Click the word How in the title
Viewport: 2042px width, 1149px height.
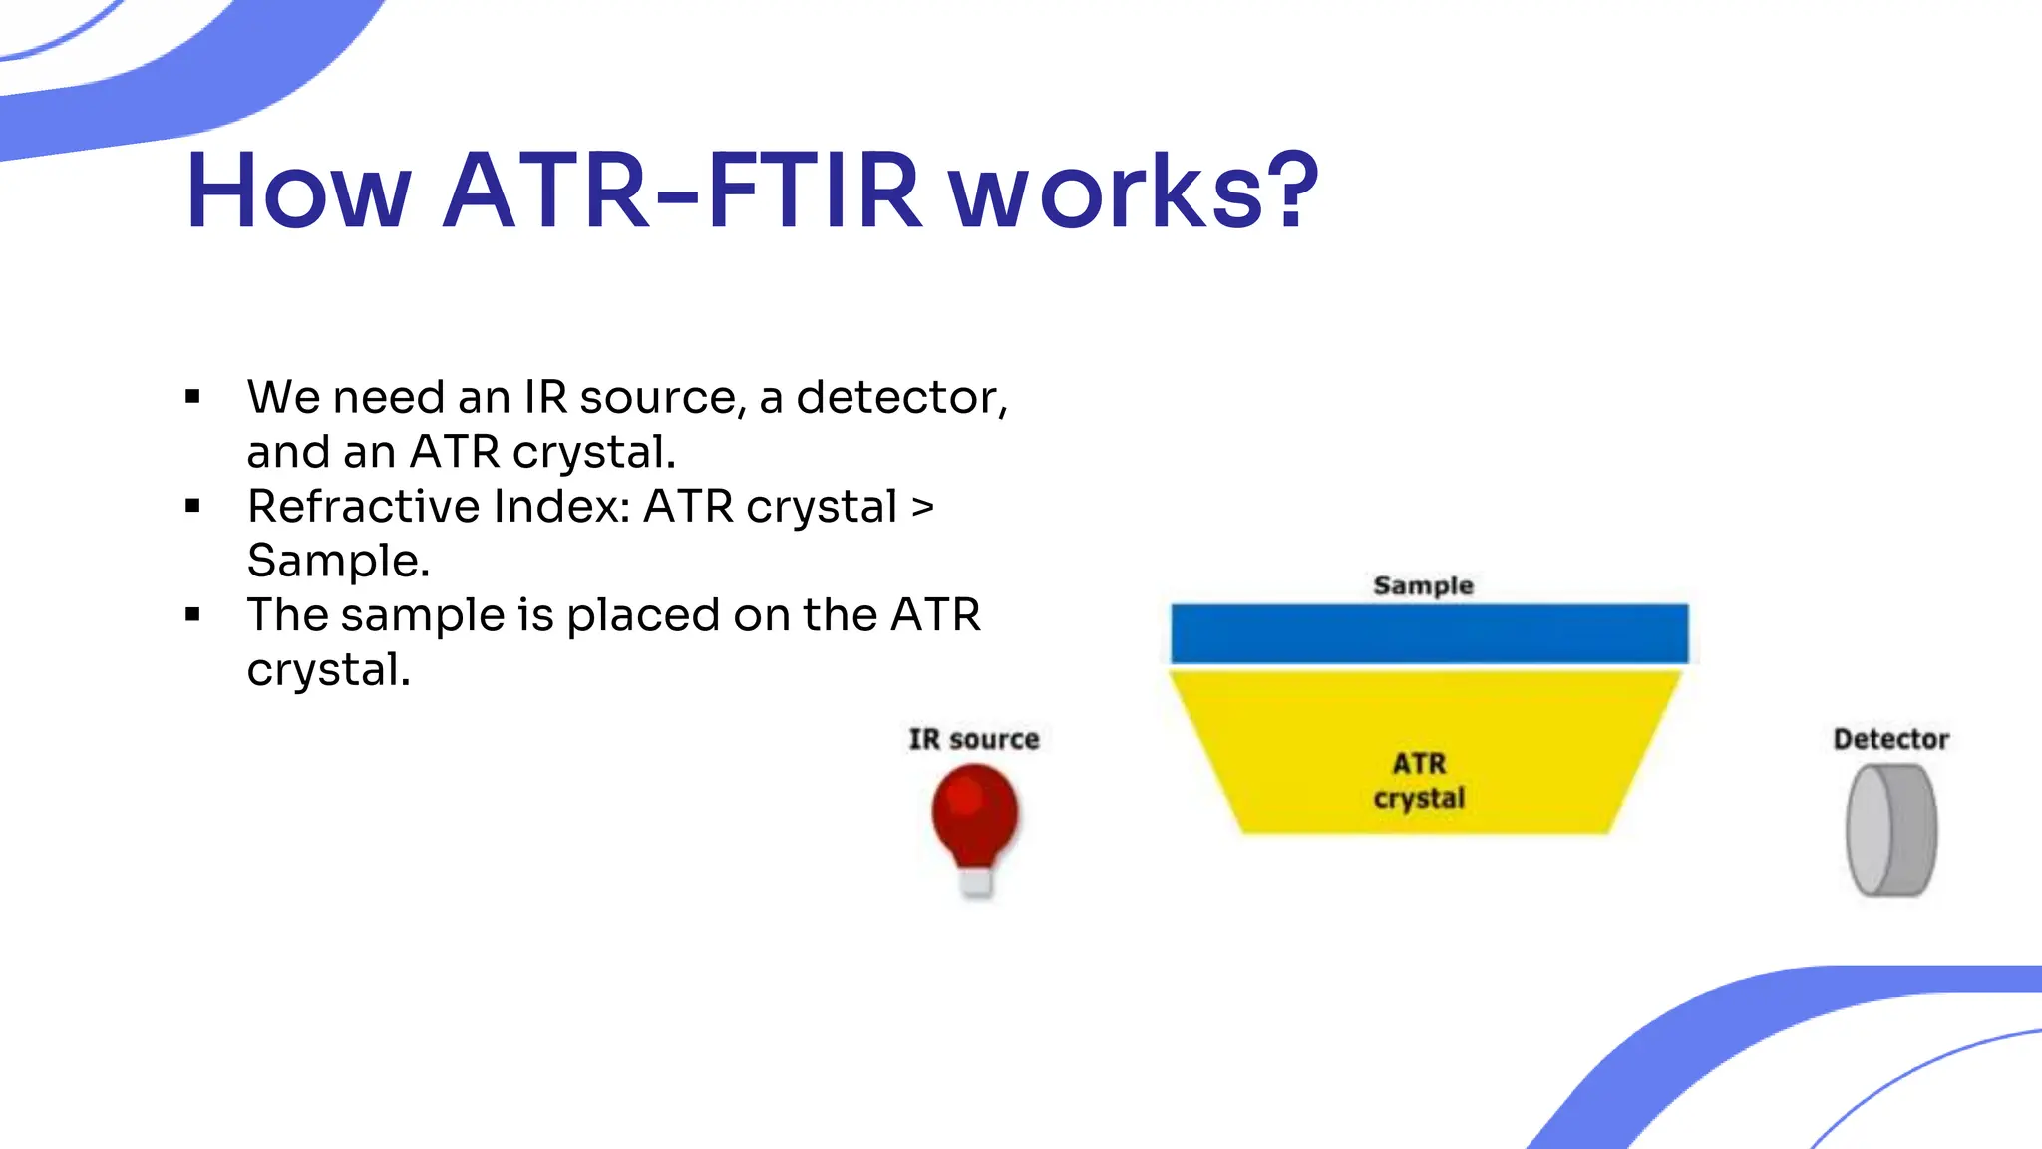tap(297, 191)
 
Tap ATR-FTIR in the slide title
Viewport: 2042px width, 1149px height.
tap(681, 191)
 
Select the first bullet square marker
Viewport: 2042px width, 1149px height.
tap(193, 398)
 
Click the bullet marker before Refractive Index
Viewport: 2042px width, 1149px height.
tap(193, 507)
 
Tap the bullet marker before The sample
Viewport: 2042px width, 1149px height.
tap(193, 615)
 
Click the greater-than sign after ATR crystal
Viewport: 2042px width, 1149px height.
tap(923, 507)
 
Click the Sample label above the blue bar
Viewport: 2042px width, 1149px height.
tap(1423, 585)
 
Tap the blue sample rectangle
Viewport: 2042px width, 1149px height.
tap(1429, 633)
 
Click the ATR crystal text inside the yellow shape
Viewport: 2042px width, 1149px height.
tap(1419, 781)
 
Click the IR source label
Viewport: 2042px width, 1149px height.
tap(974, 739)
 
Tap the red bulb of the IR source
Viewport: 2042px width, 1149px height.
tap(975, 811)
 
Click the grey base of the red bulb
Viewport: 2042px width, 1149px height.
tap(976, 882)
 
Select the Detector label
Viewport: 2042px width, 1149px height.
tap(1890, 739)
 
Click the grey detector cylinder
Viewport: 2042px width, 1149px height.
tap(1890, 830)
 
